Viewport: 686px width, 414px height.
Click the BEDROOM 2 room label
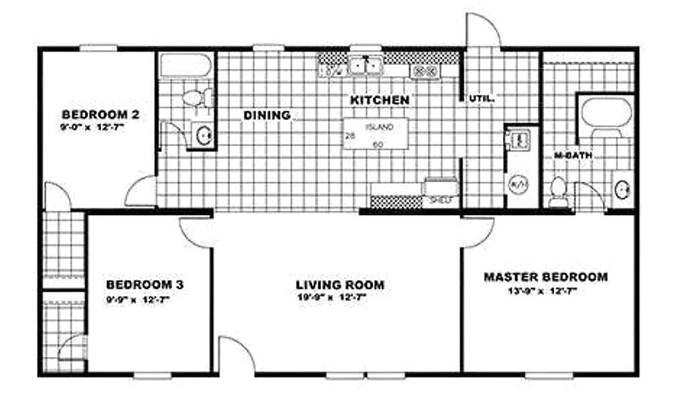pos(100,115)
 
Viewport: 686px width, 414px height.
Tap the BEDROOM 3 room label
pos(144,285)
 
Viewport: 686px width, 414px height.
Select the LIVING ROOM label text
pos(340,285)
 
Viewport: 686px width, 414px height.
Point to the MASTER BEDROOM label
pos(545,277)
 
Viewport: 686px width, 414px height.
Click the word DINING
pos(267,115)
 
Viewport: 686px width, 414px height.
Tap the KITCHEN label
pos(380,100)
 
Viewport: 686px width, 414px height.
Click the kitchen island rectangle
pos(376,134)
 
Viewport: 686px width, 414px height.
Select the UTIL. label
pos(481,98)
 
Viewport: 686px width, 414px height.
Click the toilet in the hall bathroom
pos(196,98)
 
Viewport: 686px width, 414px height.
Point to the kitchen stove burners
pos(425,71)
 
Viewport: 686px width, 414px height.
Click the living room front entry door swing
pos(236,354)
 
